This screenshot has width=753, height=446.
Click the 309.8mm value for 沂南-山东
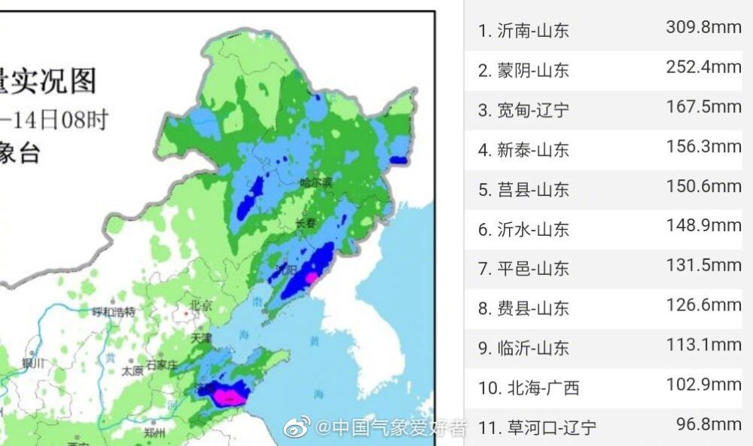[x=703, y=27]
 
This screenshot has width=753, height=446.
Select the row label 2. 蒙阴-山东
[x=524, y=71]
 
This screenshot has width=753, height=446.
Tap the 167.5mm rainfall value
[x=703, y=107]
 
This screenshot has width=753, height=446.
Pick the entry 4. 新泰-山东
[x=524, y=150]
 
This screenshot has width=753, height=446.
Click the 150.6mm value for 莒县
[x=703, y=186]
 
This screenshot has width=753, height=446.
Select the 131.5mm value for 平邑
[x=703, y=265]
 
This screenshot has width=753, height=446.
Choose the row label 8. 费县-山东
[x=524, y=308]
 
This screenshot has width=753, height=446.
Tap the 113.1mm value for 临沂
[x=703, y=345]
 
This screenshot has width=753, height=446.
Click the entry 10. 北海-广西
[x=529, y=388]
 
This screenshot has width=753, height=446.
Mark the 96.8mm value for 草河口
[x=708, y=424]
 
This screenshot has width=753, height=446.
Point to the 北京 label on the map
[x=201, y=305]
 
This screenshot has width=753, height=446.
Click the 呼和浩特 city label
[x=113, y=311]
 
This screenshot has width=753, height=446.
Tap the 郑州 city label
[x=154, y=433]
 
